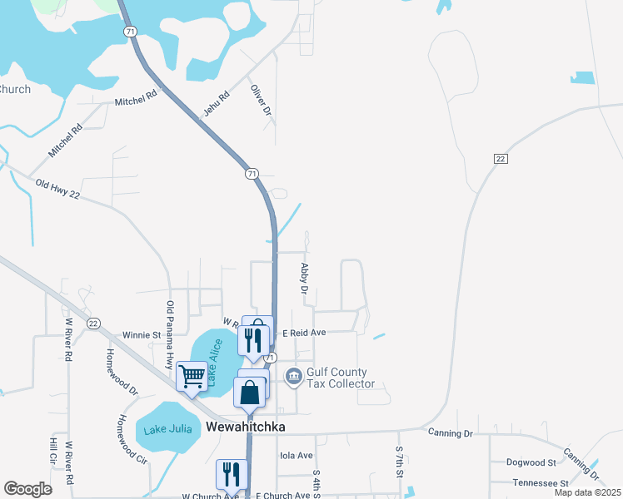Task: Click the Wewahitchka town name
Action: point(245,427)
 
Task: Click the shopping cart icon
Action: point(192,377)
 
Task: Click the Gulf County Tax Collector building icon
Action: point(293,378)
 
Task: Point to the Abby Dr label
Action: point(305,279)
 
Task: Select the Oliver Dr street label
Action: point(262,99)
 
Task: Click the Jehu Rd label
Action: point(215,103)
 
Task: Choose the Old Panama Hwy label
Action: point(170,335)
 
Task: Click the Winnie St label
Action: point(142,335)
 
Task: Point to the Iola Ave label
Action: point(297,456)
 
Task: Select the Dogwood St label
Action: point(531,462)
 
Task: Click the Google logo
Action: point(27,489)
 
